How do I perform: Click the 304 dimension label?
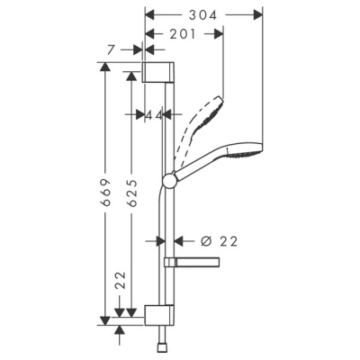click(x=203, y=13)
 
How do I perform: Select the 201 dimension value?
click(x=183, y=32)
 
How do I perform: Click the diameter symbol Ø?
click(x=206, y=240)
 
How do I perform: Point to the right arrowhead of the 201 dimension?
click(x=219, y=32)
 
